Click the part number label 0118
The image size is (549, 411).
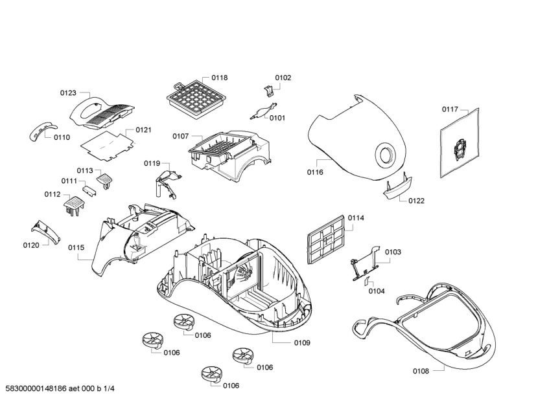tap(219, 78)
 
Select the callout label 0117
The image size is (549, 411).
tap(450, 109)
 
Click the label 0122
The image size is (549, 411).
tap(416, 201)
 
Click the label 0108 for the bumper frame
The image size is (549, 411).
tap(421, 371)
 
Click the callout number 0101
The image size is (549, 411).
tap(277, 118)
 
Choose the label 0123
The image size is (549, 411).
tap(69, 93)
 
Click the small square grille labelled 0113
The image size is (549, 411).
tap(105, 177)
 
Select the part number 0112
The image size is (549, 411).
tap(53, 194)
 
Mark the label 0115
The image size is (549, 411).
tap(76, 247)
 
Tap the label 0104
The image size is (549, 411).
tap(377, 291)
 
